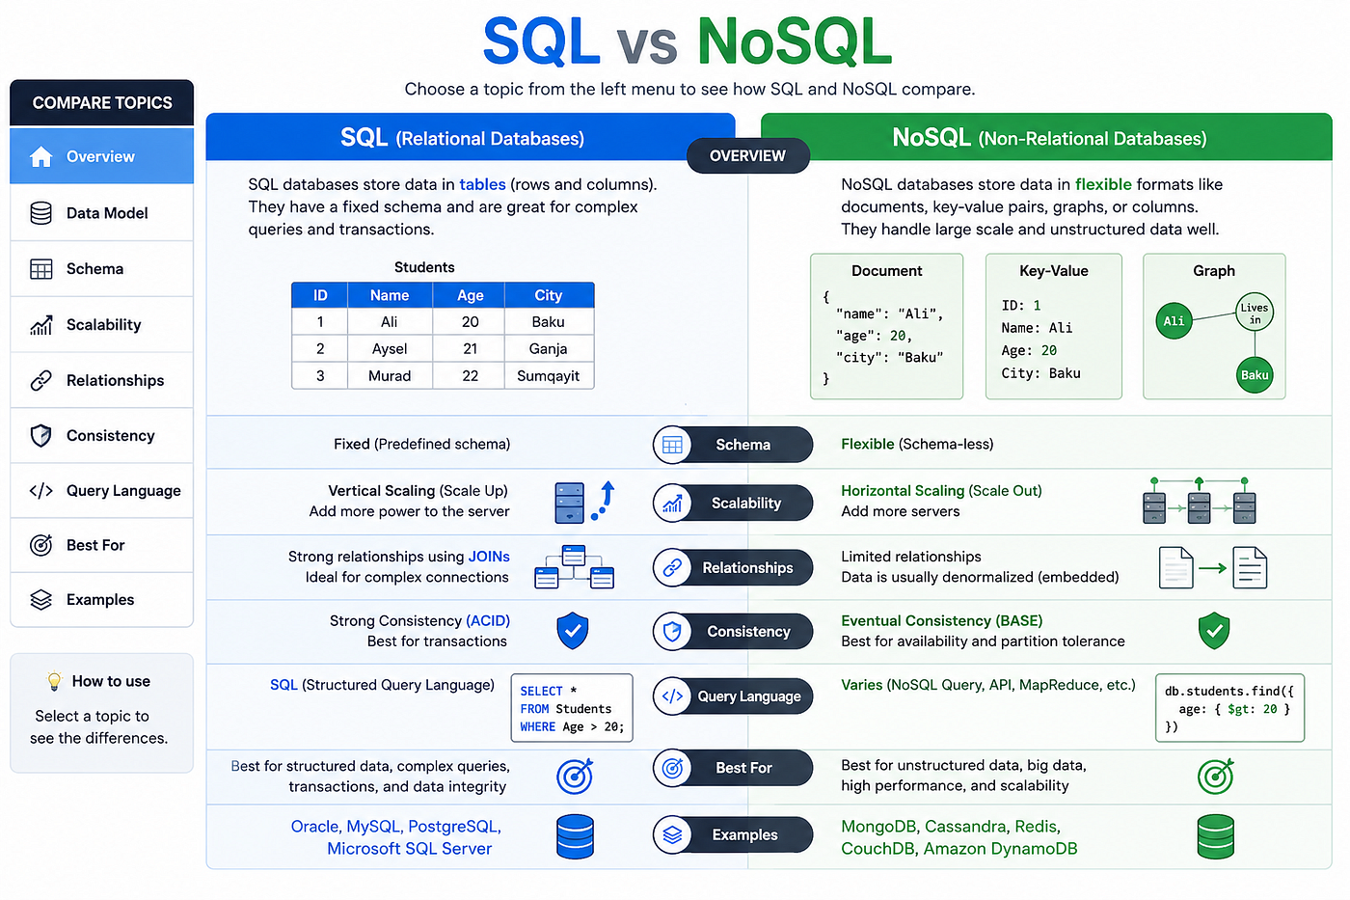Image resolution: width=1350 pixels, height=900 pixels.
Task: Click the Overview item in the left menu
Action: [101, 156]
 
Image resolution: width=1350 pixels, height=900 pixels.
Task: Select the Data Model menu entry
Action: [101, 213]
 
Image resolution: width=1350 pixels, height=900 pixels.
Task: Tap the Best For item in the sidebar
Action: [101, 545]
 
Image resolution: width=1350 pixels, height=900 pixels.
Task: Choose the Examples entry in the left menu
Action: [101, 600]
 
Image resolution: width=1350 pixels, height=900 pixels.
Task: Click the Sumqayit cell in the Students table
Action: [549, 375]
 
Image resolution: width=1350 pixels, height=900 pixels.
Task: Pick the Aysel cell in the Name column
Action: [390, 348]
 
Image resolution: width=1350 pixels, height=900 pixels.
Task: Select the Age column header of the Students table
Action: [470, 295]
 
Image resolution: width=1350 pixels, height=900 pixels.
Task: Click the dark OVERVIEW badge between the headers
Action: [747, 155]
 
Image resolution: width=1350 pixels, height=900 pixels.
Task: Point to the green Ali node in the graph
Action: [1174, 320]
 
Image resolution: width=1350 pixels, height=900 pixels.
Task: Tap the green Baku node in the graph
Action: [1255, 375]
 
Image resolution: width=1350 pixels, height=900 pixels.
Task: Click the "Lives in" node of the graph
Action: [1255, 313]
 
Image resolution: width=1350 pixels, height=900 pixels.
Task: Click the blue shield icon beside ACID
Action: [572, 631]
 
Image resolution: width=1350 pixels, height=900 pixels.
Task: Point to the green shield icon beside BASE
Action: [1214, 631]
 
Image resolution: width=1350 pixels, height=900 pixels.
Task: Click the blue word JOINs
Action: [489, 557]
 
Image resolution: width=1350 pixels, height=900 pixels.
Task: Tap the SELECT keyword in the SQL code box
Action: [541, 691]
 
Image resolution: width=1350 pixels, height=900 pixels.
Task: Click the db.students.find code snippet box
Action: [1229, 708]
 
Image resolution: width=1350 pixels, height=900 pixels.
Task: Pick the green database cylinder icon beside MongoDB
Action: [1215, 836]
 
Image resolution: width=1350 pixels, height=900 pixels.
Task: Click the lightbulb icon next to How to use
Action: [54, 681]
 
